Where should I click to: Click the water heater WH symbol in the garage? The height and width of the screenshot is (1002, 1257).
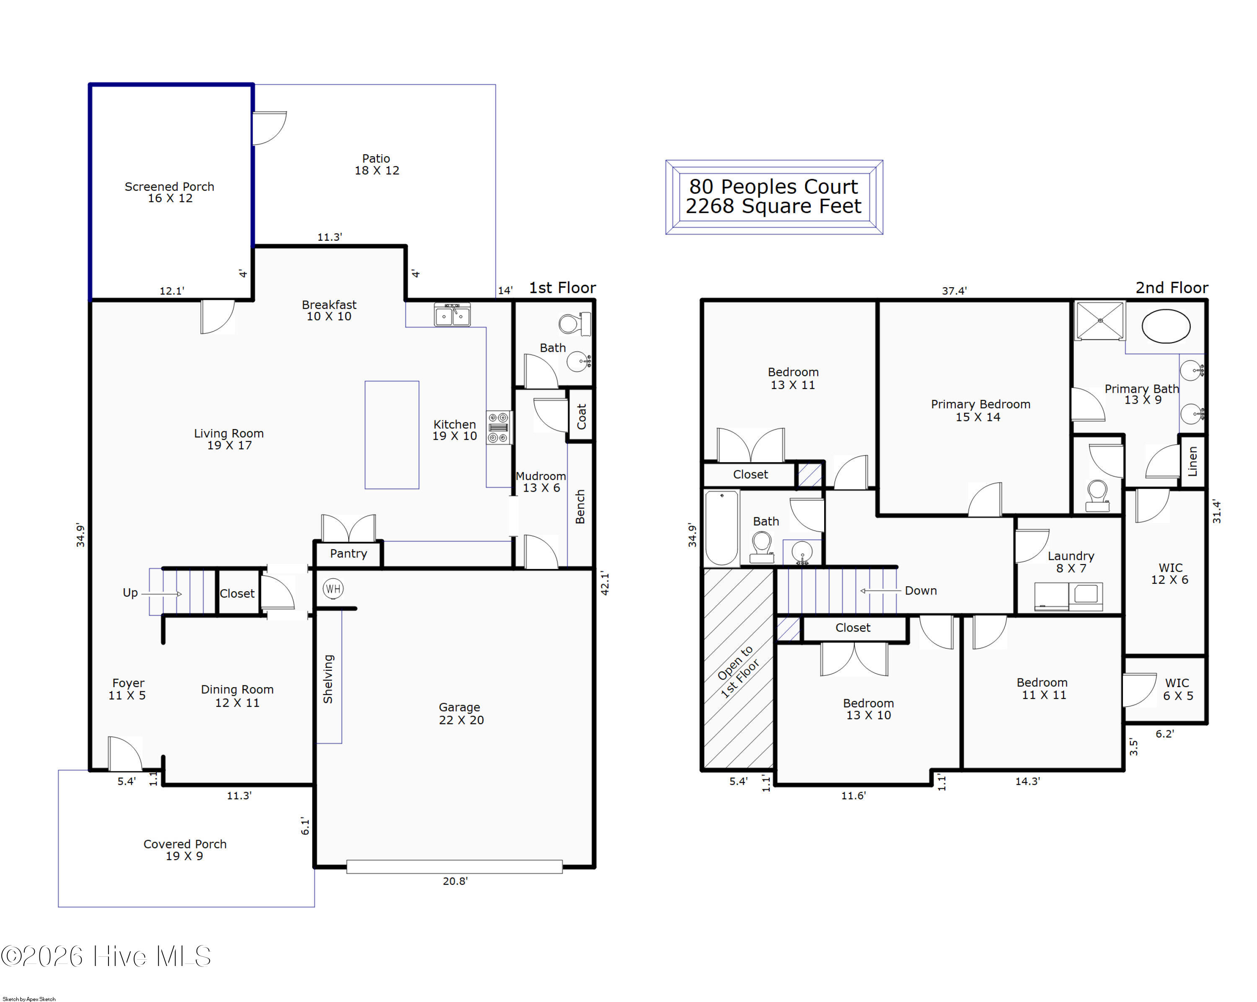(333, 588)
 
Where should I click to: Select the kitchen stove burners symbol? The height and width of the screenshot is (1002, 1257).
(499, 428)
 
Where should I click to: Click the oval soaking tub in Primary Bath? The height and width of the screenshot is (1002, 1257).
(1166, 326)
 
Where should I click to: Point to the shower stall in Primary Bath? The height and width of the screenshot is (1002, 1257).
(1099, 320)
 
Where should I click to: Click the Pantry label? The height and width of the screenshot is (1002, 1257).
(349, 554)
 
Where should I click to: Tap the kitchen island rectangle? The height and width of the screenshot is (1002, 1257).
(392, 435)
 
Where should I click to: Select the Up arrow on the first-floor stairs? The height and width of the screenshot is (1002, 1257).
(161, 594)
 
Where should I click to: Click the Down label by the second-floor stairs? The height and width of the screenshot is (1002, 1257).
(921, 591)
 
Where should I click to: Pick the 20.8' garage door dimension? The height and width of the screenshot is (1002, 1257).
(455, 881)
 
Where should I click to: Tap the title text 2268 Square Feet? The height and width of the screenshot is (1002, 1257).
(773, 206)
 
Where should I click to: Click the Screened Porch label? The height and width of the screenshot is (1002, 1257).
(169, 186)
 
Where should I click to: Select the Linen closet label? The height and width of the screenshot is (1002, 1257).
(1192, 461)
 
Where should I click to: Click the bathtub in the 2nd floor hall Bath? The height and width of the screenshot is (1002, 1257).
(722, 528)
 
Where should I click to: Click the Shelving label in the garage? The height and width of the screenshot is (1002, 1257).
(328, 679)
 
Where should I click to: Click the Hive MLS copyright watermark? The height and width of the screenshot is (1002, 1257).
(106, 956)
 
